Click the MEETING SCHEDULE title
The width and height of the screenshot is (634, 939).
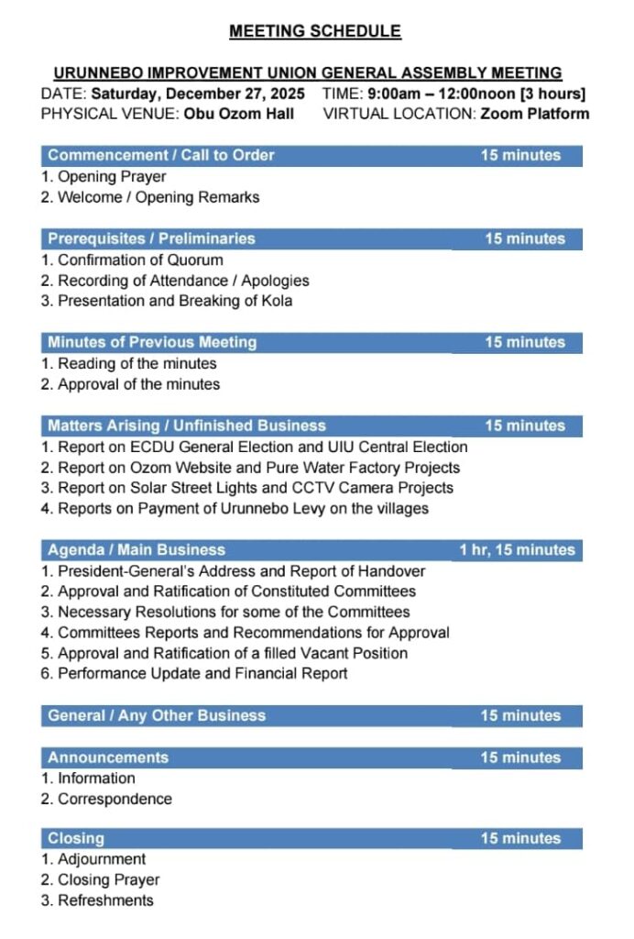(315, 31)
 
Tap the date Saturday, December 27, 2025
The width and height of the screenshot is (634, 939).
(198, 94)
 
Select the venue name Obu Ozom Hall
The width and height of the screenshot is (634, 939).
(239, 114)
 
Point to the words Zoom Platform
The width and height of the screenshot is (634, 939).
(534, 114)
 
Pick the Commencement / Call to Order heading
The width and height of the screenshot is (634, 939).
(161, 155)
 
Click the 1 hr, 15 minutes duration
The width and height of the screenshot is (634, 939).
(518, 550)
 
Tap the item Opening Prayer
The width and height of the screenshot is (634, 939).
(112, 176)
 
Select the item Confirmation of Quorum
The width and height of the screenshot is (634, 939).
(140, 260)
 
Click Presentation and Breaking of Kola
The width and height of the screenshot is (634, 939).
(175, 301)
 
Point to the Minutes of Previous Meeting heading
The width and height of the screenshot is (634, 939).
(152, 342)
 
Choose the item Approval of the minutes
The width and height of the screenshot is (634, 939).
(138, 384)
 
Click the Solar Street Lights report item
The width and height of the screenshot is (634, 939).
(256, 488)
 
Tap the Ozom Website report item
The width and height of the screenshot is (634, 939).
(258, 468)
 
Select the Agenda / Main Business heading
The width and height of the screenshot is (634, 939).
(137, 550)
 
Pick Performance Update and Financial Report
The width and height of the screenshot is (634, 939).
(202, 674)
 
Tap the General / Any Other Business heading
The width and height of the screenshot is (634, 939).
(157, 715)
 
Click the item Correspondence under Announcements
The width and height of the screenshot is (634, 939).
(115, 799)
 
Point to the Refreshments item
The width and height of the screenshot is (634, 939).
(105, 900)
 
